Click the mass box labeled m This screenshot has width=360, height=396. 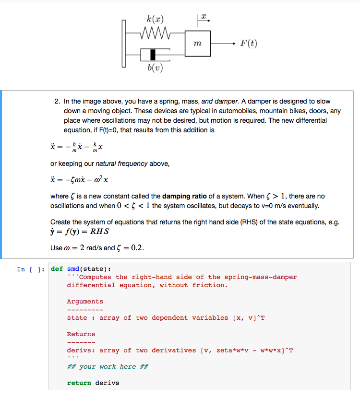pos(197,44)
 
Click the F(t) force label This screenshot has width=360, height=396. pos(249,44)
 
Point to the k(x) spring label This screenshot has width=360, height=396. pos(155,19)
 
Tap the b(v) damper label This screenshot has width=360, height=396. pos(155,68)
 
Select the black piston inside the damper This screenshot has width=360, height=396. pos(153,55)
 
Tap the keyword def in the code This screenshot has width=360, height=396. pos(57,268)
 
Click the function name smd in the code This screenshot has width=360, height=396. pos(73,268)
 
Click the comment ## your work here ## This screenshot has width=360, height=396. pos(108,366)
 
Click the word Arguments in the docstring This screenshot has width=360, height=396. pos(85,302)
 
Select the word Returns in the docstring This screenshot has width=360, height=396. pos(81,334)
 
